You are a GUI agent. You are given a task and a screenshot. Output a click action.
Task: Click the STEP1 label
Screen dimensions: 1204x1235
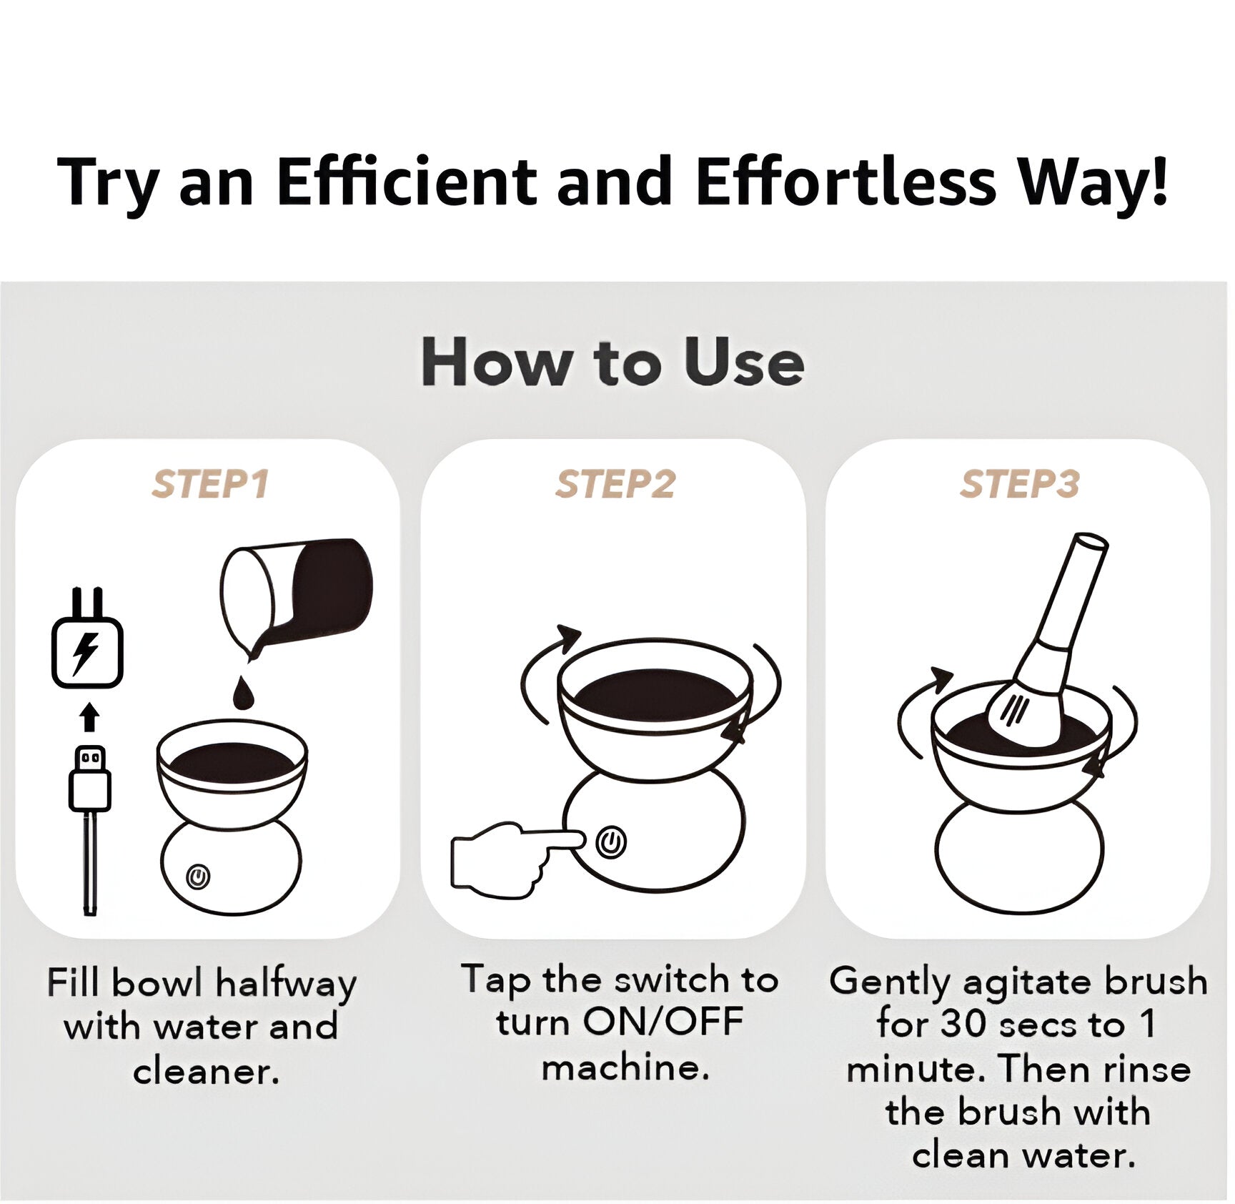pyautogui.click(x=210, y=485)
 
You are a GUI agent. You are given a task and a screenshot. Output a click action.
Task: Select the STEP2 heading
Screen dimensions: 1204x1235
pyautogui.click(x=615, y=485)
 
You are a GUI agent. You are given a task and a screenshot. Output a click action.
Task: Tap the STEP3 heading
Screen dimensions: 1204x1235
pyautogui.click(x=1019, y=485)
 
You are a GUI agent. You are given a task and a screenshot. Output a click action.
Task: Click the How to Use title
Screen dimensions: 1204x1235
pyautogui.click(x=612, y=362)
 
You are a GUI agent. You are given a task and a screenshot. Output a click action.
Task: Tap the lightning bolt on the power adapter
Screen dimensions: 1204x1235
pyautogui.click(x=86, y=653)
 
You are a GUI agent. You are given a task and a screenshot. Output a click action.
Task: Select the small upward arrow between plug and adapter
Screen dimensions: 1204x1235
pyautogui.click(x=89, y=717)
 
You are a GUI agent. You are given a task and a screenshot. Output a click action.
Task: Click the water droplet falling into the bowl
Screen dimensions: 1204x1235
pyautogui.click(x=244, y=691)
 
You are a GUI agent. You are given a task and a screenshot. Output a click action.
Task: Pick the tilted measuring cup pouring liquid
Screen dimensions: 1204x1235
pyautogui.click(x=297, y=593)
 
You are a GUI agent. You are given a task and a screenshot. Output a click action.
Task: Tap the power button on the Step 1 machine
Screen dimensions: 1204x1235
pyautogui.click(x=198, y=876)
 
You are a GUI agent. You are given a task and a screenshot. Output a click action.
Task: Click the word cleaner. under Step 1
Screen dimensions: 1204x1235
pyautogui.click(x=207, y=1071)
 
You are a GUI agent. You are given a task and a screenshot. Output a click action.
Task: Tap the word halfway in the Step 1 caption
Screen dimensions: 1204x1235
pyautogui.click(x=286, y=984)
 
